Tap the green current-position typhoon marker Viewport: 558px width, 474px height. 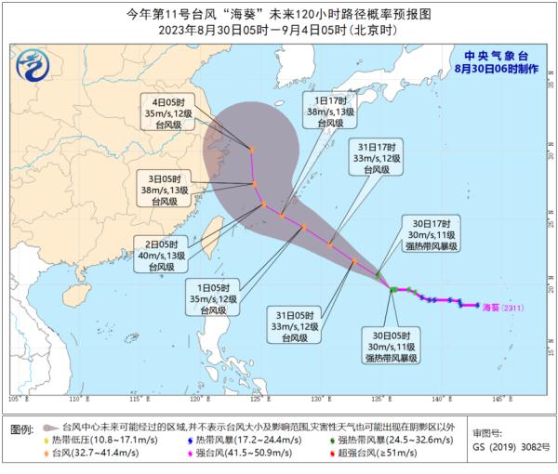[x=393, y=290]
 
